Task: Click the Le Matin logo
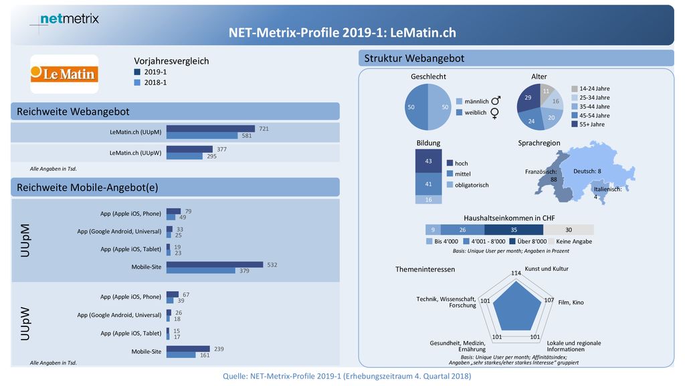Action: [64, 74]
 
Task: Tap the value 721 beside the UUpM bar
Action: [264, 129]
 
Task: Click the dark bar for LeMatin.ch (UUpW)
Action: [189, 149]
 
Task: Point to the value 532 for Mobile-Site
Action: [272, 265]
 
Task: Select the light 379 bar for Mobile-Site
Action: [201, 271]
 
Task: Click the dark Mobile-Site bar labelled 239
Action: [188, 348]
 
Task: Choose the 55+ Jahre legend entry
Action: [589, 124]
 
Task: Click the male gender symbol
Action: [496, 101]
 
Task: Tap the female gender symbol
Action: [494, 113]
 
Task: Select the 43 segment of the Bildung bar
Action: [428, 161]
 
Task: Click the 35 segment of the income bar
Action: [514, 230]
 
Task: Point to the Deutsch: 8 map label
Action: [587, 171]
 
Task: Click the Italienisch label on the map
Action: [607, 190]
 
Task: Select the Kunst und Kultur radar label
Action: [547, 269]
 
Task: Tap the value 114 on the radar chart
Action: [516, 273]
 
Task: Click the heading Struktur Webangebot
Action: [414, 58]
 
